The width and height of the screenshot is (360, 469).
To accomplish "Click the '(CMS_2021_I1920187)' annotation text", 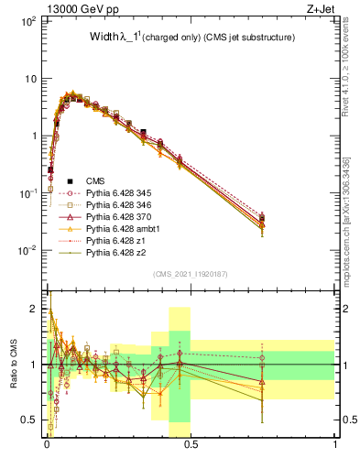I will coord(190,273).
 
